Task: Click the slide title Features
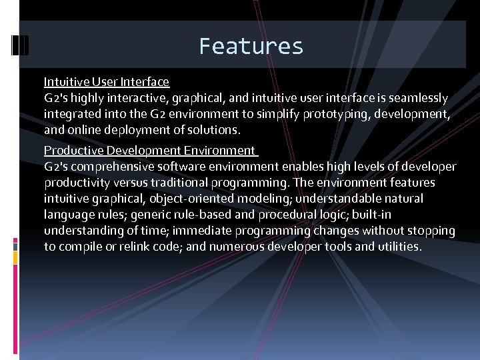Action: point(251,46)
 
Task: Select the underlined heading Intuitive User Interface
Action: point(107,82)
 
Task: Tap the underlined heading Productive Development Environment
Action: point(149,151)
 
